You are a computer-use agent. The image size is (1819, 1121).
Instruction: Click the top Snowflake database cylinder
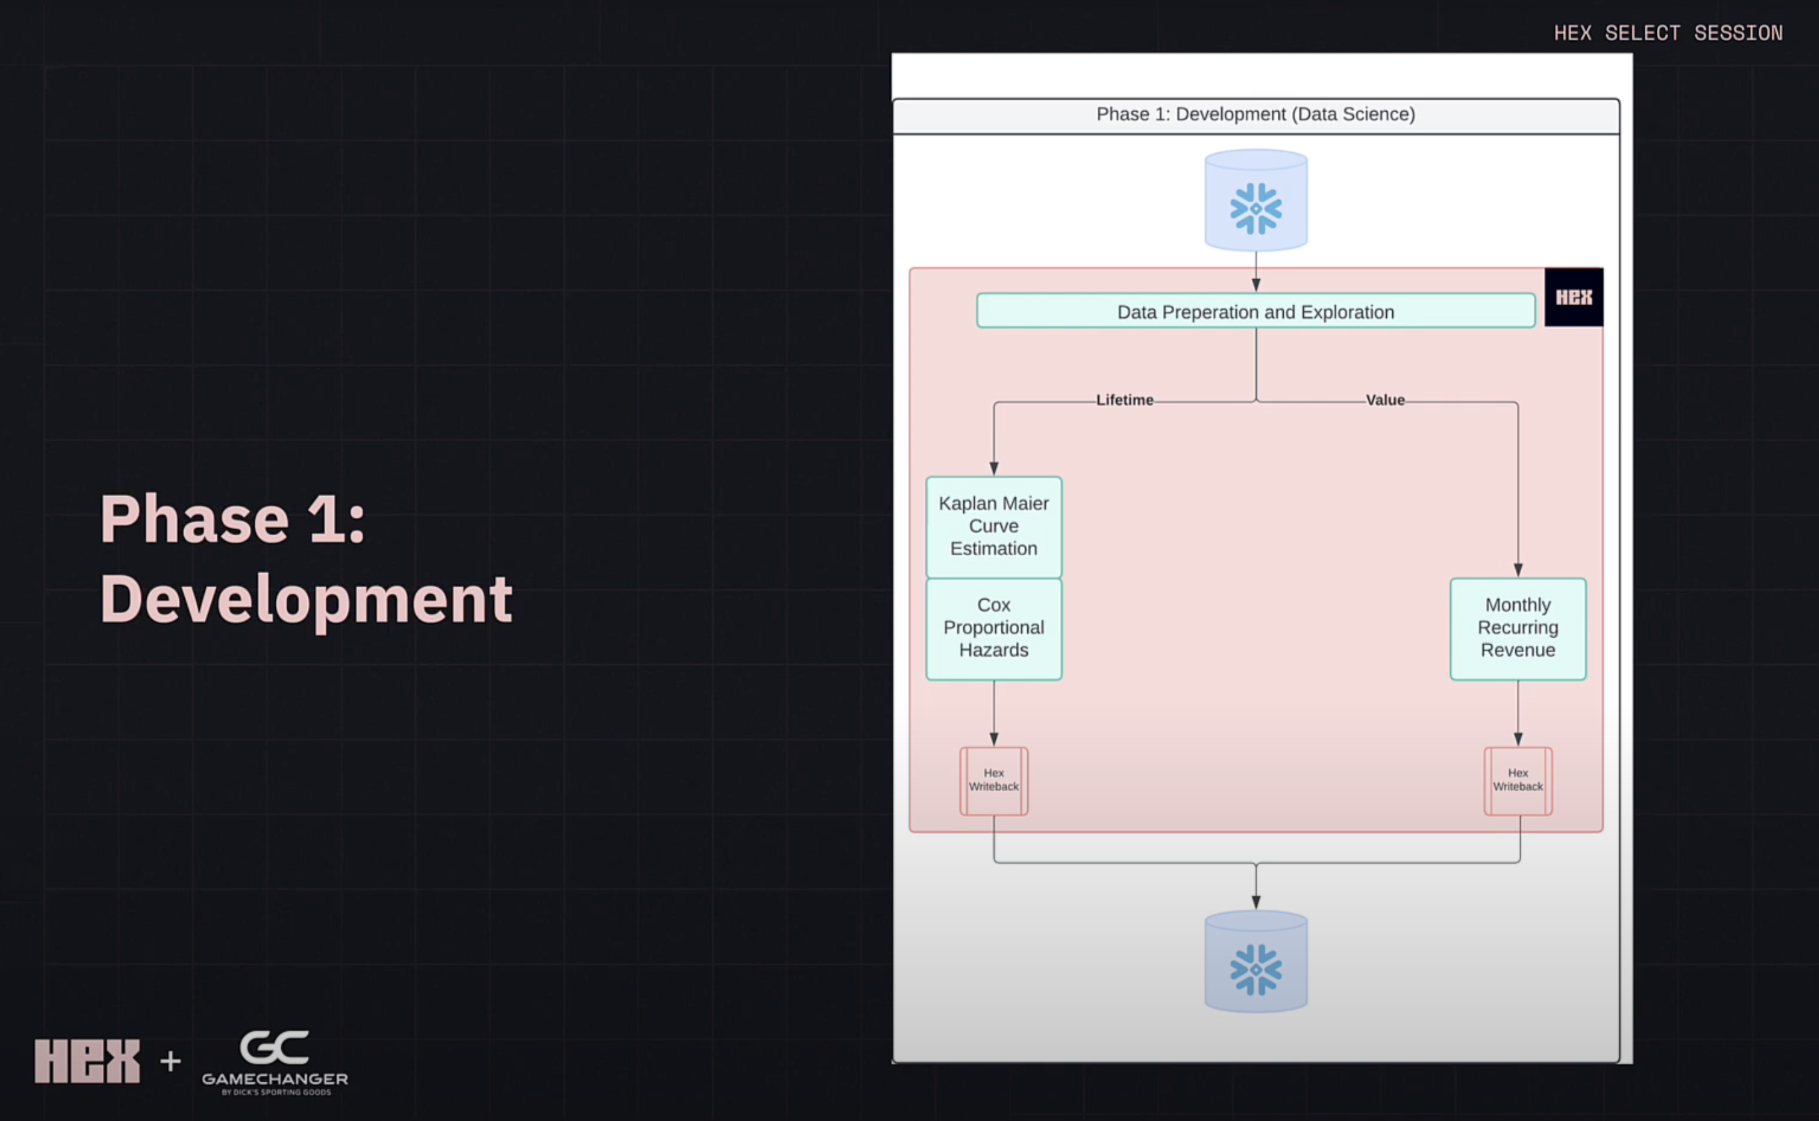1256,200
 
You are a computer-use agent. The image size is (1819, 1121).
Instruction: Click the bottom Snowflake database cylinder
1256,962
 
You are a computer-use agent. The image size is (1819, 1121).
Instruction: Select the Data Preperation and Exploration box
1256,311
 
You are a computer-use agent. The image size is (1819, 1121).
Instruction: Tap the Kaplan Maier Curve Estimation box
993,527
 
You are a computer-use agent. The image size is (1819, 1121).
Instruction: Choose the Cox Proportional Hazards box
993,628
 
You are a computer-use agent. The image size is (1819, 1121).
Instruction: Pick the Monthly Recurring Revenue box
1517,628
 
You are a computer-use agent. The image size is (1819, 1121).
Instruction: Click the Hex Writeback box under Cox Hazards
993,780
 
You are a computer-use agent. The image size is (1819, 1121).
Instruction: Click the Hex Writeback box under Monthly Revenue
1517,780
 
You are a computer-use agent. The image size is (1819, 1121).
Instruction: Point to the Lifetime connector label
1124,400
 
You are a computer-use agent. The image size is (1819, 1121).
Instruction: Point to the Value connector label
1385,400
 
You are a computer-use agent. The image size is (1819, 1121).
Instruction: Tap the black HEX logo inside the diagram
1573,297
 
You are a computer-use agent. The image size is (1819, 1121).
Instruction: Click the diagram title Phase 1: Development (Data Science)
1256,114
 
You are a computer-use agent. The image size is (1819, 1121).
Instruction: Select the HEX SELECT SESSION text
1668,33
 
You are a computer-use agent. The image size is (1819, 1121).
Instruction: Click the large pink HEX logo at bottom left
86,1060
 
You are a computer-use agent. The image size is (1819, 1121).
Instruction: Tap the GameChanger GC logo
275,1060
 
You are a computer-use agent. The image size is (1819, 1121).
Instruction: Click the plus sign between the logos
170,1061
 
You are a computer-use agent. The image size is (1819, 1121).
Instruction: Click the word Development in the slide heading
305,599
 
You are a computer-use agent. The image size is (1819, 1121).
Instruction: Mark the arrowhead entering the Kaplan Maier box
993,469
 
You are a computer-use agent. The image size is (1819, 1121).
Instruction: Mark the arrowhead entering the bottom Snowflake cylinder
1256,902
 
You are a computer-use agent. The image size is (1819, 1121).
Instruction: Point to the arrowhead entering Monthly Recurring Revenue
1517,570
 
